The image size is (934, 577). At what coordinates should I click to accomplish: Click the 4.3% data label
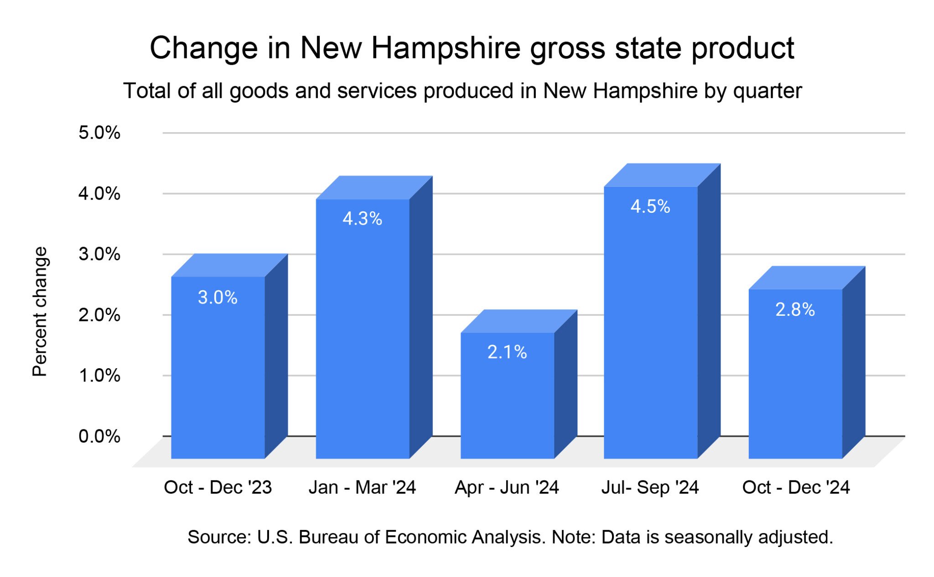[x=362, y=219]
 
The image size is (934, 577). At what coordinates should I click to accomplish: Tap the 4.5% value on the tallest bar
[x=650, y=206]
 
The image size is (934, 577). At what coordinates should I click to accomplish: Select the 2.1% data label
[x=507, y=352]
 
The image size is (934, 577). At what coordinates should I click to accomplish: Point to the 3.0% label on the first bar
[x=218, y=298]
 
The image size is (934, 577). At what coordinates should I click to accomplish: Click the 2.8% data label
[x=795, y=310]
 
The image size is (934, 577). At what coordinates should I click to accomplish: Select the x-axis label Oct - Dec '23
[x=218, y=487]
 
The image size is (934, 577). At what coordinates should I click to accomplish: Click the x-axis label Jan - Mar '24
[x=362, y=487]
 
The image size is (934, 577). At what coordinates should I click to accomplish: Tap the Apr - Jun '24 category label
[x=507, y=487]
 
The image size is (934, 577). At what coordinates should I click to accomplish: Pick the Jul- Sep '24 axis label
[x=650, y=487]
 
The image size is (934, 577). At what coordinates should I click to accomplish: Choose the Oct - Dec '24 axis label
[x=796, y=487]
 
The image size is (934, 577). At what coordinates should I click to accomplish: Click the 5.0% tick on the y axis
[x=99, y=133]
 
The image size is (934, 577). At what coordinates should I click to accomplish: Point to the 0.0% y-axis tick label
[x=99, y=436]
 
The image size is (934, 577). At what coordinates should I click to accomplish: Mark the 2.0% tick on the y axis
[x=99, y=315]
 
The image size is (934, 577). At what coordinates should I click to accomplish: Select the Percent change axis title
[x=40, y=312]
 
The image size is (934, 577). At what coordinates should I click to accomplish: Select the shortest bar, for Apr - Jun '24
[x=507, y=401]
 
